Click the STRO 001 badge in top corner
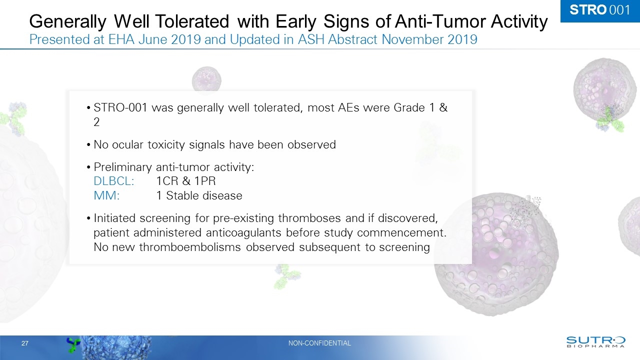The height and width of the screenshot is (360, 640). [600, 10]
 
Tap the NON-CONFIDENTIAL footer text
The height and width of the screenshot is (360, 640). [319, 343]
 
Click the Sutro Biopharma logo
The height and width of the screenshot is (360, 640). [595, 341]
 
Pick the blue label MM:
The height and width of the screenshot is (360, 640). [106, 196]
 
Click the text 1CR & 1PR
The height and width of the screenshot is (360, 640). [186, 181]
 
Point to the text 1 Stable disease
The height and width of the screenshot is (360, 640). [199, 196]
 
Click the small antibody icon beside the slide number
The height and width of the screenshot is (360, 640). [74, 343]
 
